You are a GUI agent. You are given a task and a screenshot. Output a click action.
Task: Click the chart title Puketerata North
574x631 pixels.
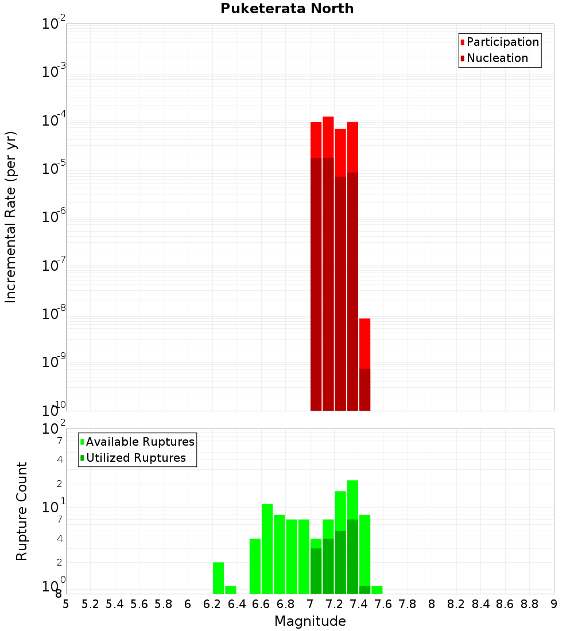(x=286, y=9)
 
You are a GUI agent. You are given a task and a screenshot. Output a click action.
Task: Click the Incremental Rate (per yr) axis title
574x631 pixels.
(x=10, y=217)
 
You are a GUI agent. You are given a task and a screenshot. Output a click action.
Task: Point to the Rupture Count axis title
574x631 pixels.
(x=22, y=511)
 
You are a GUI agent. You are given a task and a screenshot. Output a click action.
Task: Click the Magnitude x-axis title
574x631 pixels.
(x=310, y=621)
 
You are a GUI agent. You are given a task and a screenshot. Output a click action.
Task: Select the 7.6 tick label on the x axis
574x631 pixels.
(x=383, y=604)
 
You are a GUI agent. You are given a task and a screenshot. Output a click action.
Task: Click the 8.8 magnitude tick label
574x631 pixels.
(x=529, y=604)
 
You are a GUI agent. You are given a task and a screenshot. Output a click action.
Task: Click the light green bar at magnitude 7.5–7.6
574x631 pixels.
(x=377, y=590)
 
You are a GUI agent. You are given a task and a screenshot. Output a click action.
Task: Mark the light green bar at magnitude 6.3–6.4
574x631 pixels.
(x=230, y=590)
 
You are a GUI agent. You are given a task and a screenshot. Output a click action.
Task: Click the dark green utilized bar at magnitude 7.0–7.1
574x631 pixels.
(x=316, y=571)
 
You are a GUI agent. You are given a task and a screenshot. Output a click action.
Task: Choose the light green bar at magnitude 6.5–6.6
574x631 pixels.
(x=255, y=566)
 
